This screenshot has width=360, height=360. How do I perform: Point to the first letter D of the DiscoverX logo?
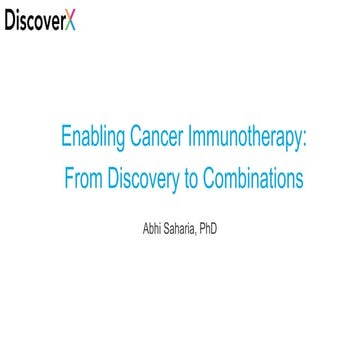pos(11,21)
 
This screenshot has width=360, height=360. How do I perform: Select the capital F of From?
pos(68,181)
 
